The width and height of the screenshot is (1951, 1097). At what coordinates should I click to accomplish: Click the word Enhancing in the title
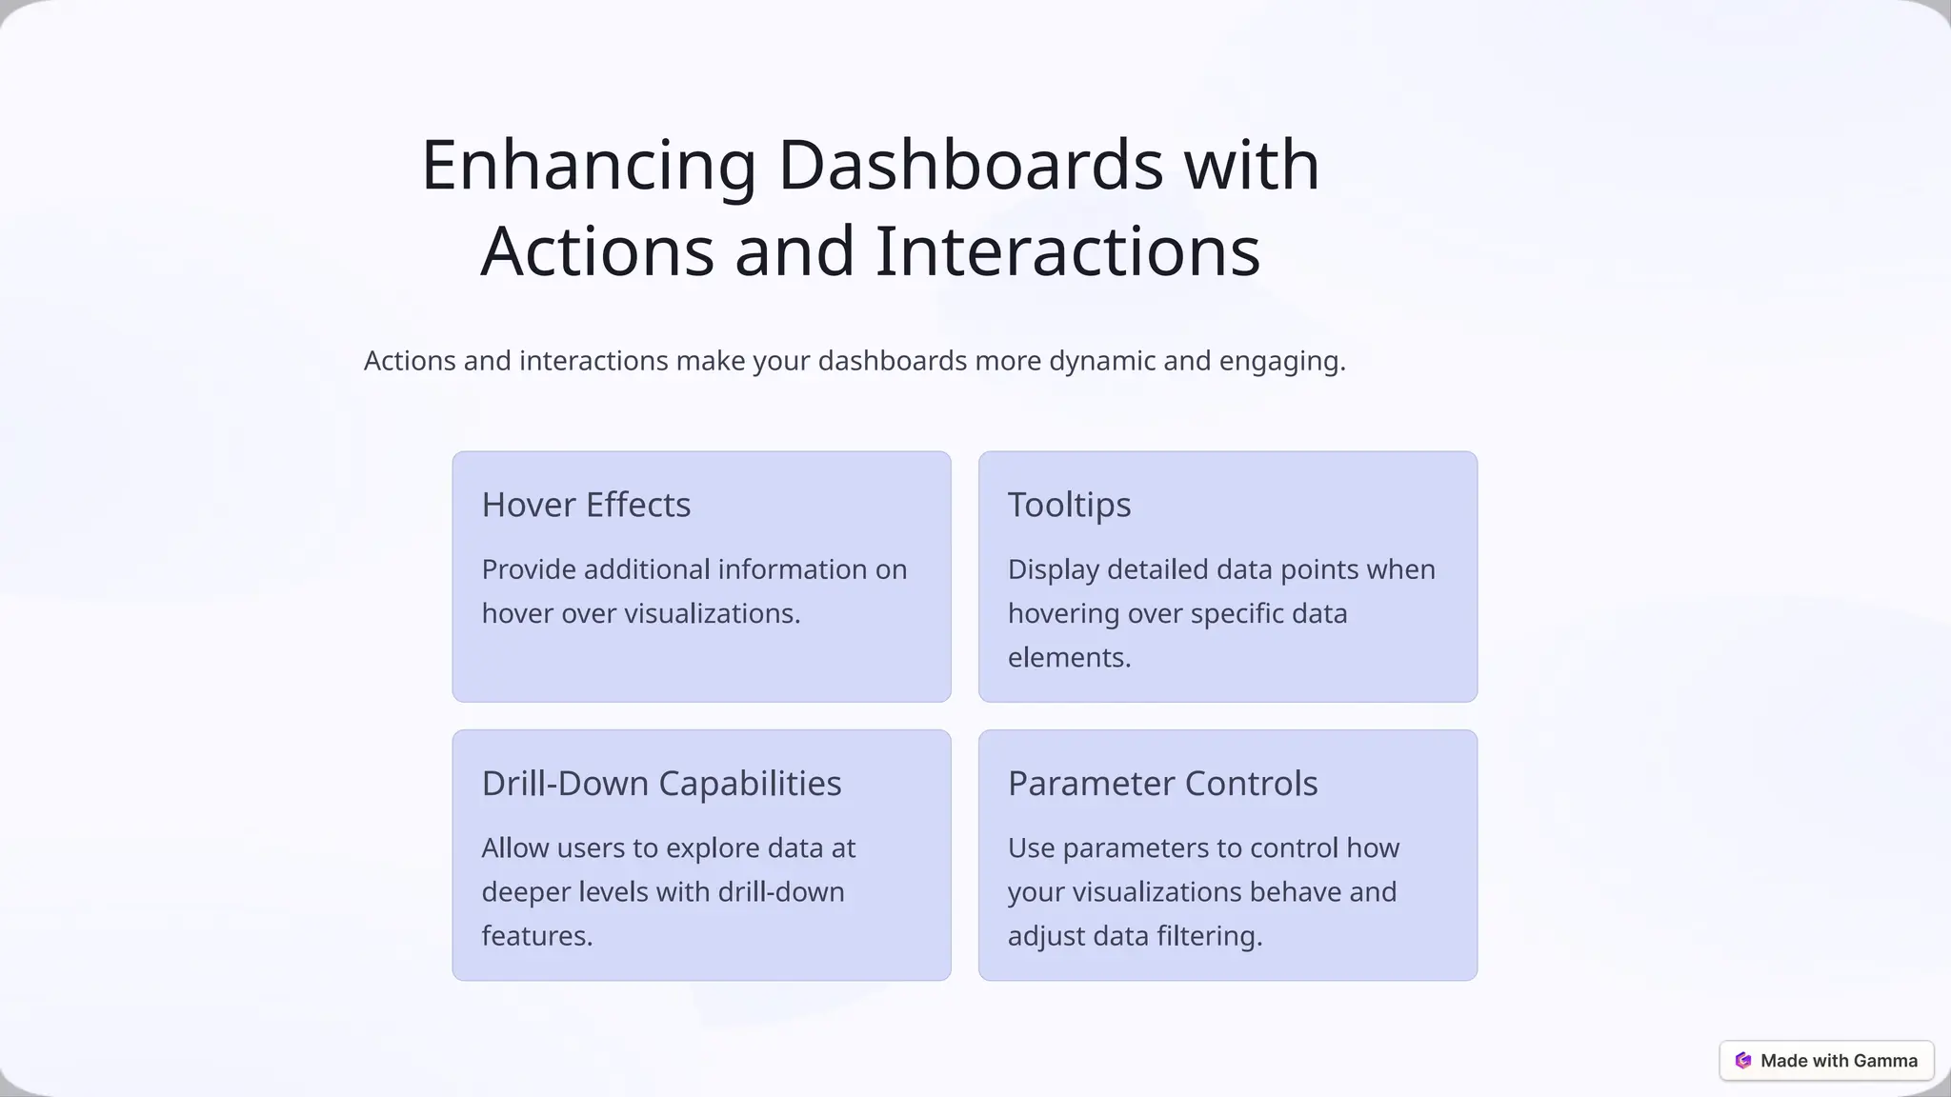tap(589, 165)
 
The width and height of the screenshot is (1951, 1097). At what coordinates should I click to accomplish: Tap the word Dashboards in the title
tap(970, 165)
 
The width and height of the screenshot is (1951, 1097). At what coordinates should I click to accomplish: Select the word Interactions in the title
tap(1067, 251)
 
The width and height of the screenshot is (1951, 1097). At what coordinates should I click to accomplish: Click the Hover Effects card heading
tap(586, 505)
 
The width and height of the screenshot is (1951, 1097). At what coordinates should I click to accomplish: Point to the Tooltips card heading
tap(1069, 505)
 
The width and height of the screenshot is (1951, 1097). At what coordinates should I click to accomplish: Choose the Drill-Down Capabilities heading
tap(661, 784)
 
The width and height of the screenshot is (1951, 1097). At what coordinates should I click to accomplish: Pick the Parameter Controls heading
tap(1162, 784)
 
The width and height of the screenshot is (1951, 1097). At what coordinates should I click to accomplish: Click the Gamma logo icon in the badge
tap(1743, 1061)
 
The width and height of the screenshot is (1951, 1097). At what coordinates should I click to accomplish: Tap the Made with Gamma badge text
tap(1839, 1061)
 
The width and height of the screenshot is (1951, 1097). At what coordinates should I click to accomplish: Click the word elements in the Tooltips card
tap(1069, 657)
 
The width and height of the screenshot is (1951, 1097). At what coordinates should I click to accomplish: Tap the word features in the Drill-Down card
tap(536, 936)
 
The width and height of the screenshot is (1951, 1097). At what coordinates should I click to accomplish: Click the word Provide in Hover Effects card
tap(529, 569)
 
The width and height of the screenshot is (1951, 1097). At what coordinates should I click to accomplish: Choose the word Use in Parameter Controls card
tap(1031, 848)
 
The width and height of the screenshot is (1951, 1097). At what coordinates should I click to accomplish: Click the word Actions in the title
tap(597, 251)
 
